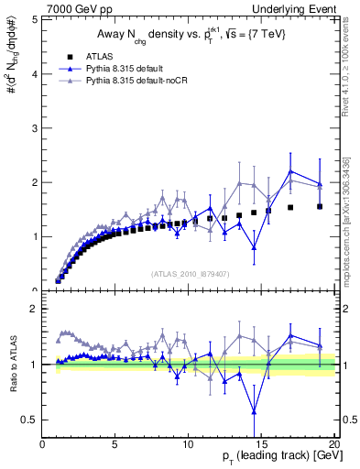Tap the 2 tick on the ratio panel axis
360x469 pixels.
coord(35,309)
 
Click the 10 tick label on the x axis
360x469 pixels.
coord(188,442)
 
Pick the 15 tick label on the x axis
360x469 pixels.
coord(261,442)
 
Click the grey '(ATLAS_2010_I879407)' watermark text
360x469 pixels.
coord(190,273)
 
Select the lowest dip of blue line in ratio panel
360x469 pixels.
coord(254,411)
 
